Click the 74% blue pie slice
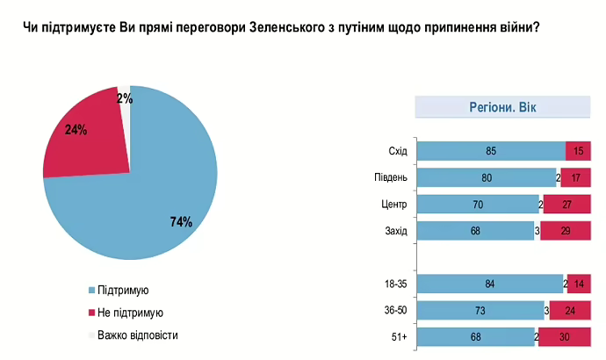(x=149, y=193)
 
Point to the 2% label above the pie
(x=125, y=98)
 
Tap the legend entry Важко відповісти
(x=137, y=335)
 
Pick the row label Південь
(x=391, y=178)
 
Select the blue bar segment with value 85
(x=490, y=151)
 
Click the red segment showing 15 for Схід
(x=578, y=151)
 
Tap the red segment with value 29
(x=566, y=231)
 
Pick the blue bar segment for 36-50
(x=480, y=311)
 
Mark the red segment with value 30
(x=564, y=337)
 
